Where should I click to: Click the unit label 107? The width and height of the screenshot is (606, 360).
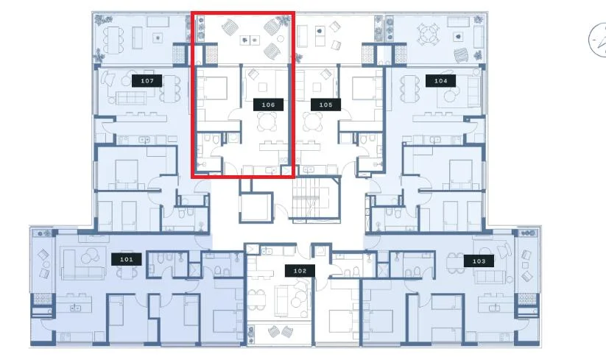(147, 81)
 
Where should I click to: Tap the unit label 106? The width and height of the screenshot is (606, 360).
(268, 105)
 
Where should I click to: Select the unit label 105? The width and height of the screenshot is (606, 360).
(325, 105)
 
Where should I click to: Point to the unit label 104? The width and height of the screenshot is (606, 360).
(440, 81)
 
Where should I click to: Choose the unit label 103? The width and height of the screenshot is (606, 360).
(479, 261)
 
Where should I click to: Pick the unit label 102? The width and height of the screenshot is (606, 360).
(300, 271)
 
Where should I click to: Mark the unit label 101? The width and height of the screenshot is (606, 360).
(127, 259)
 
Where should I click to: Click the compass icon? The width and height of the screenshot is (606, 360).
(597, 40)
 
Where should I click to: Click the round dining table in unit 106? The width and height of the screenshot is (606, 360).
(267, 121)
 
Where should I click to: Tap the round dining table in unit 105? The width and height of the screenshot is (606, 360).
(313, 121)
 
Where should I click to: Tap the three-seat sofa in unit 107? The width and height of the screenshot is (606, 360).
(132, 97)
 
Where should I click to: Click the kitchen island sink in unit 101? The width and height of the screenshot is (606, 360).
(75, 308)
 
